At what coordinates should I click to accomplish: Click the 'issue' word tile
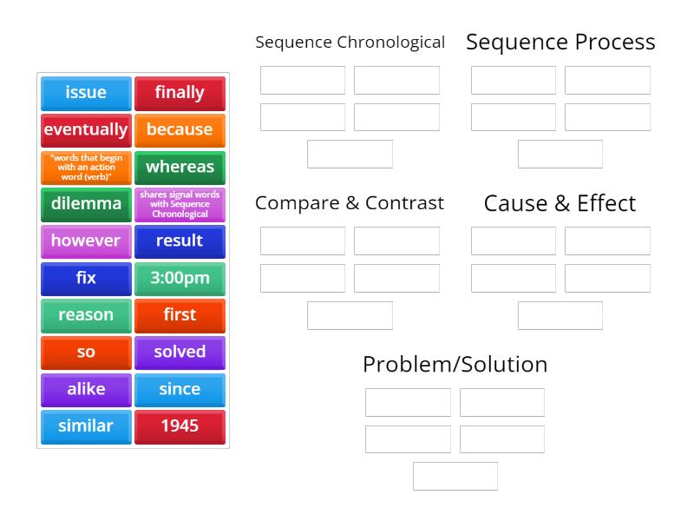(x=86, y=93)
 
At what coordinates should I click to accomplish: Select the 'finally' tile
(x=180, y=93)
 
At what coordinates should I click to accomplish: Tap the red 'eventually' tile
(x=86, y=130)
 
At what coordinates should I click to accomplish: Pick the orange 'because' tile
(x=180, y=130)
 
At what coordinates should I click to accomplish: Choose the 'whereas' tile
(x=180, y=168)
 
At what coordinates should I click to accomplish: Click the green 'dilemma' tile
(x=86, y=204)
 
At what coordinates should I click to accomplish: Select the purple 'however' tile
(x=86, y=241)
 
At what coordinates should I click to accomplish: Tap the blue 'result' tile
(x=180, y=241)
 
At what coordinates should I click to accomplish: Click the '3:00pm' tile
(x=180, y=279)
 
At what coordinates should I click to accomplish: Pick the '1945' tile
(x=180, y=426)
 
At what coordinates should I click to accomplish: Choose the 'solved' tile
(x=180, y=353)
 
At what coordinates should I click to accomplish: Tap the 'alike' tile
(x=86, y=390)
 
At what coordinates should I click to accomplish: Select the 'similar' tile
(x=86, y=426)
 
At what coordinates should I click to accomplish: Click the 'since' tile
(x=180, y=390)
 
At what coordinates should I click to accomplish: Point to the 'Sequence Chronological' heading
(x=350, y=42)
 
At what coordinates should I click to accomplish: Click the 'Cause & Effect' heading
(x=560, y=203)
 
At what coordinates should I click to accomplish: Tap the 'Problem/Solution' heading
(x=455, y=364)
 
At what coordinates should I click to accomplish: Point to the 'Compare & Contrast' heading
(x=350, y=203)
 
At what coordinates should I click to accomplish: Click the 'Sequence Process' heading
(x=560, y=42)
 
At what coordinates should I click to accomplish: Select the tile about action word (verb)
(x=86, y=168)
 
